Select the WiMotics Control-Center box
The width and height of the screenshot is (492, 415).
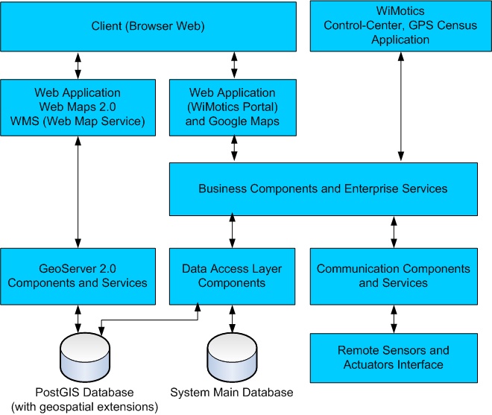point(400,27)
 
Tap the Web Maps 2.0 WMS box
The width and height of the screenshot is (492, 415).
point(78,107)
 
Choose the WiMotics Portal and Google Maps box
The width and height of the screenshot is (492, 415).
point(233,107)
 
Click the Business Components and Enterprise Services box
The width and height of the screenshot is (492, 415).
point(323,189)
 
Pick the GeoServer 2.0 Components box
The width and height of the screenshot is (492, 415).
point(78,276)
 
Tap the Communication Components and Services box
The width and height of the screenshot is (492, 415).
point(394,276)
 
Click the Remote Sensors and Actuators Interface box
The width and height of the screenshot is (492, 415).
point(394,358)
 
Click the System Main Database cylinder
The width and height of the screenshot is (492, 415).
point(232,356)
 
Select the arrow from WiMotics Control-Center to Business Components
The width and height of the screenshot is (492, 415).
point(402,107)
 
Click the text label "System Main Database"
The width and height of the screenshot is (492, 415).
point(232,393)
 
